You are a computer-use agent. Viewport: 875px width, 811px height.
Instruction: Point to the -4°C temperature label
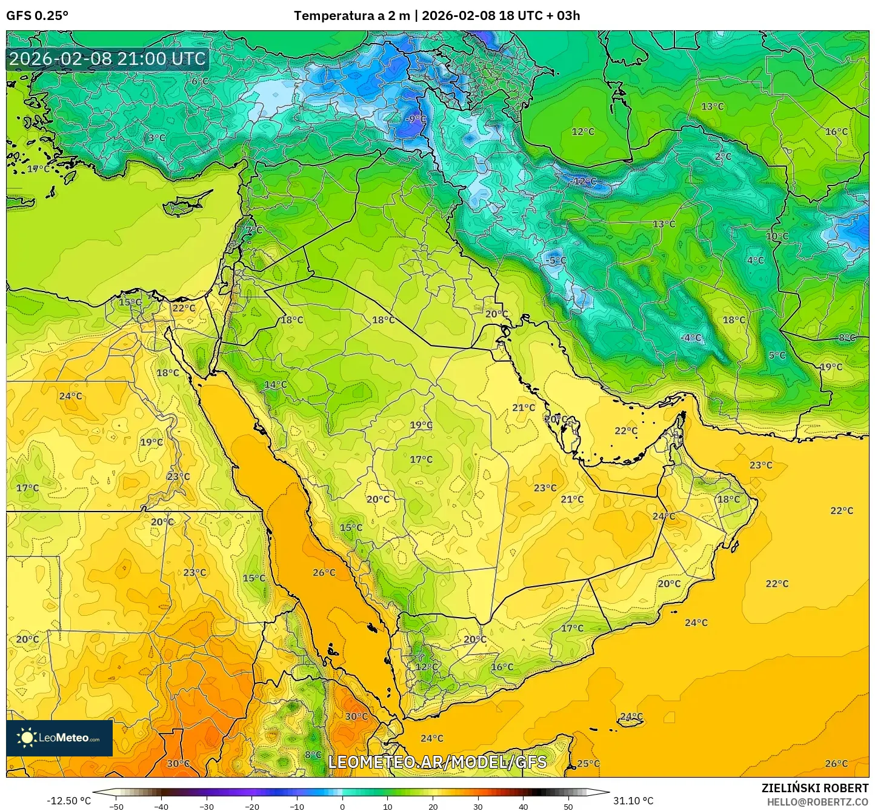tap(691, 338)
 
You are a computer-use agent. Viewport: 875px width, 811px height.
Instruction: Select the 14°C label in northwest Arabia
tap(276, 385)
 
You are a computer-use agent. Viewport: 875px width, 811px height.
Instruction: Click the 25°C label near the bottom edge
tap(588, 764)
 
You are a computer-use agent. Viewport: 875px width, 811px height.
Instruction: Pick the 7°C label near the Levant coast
tap(254, 230)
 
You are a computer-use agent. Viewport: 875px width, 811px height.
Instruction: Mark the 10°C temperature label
tap(777, 236)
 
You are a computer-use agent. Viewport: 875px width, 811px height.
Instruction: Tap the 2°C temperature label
tap(723, 156)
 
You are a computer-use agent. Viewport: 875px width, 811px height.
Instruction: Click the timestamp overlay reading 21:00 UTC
tap(108, 59)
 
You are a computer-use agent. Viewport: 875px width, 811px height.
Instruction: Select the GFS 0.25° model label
tap(38, 16)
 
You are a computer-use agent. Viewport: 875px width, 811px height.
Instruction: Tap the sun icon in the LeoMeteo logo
tap(27, 738)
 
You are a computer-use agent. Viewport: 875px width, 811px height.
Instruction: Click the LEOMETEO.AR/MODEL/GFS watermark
tap(437, 762)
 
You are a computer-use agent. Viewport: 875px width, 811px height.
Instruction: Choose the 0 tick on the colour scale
tap(342, 806)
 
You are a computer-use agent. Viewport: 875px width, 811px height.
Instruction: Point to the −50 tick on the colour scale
tap(116, 806)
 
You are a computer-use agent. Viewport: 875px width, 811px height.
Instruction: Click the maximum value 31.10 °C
tap(633, 801)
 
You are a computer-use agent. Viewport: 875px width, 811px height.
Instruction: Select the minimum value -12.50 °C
tap(69, 801)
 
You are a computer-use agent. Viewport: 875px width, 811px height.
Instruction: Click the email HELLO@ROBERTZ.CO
tap(817, 801)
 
